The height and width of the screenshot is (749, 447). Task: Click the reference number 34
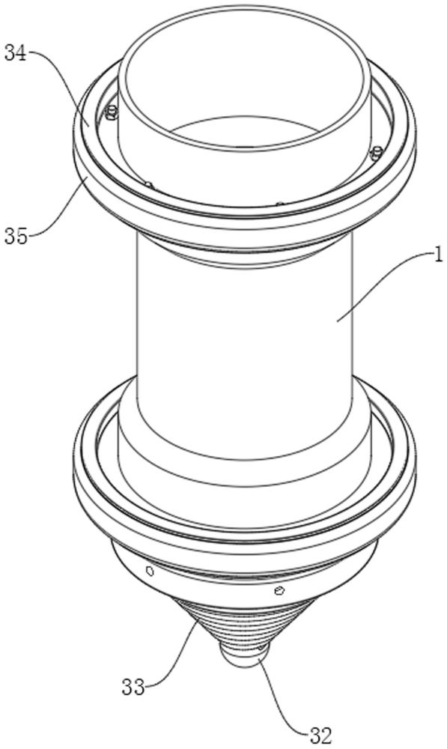[16, 52]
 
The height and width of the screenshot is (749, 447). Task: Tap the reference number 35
[16, 236]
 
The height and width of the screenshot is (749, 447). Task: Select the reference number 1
[438, 255]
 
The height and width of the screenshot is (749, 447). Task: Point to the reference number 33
[133, 688]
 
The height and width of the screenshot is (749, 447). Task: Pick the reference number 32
[320, 736]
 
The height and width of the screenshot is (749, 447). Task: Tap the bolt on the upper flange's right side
[377, 153]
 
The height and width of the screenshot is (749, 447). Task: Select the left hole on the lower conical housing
[150, 570]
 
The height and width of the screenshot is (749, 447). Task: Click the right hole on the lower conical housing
[279, 592]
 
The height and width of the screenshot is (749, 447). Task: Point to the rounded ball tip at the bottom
[243, 655]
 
